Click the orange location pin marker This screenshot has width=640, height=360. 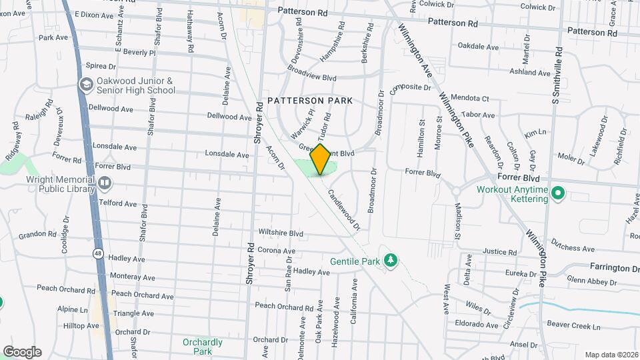(321, 159)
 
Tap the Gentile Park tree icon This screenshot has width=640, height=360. (392, 259)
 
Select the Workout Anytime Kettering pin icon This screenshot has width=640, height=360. (559, 194)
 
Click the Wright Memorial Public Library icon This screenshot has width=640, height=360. (104, 183)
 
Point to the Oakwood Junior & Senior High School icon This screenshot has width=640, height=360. (86, 85)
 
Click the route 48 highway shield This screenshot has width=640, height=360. (98, 253)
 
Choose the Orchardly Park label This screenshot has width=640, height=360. (203, 346)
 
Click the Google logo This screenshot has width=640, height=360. (22, 352)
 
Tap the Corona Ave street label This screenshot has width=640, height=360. (276, 251)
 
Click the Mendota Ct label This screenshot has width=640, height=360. (469, 99)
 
